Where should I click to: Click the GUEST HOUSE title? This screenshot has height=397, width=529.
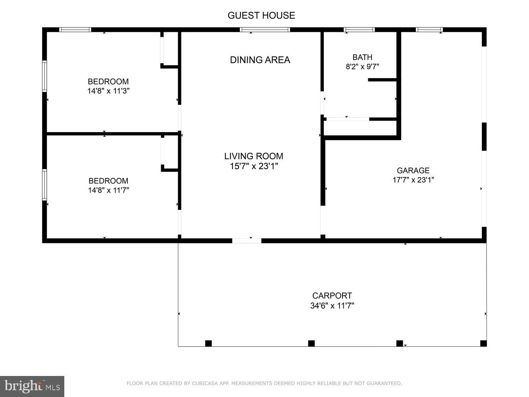click(261, 15)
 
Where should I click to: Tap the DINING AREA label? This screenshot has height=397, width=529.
click(260, 60)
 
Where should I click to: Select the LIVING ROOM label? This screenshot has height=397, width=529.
click(254, 156)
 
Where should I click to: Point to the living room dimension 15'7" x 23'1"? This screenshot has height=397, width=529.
click(254, 166)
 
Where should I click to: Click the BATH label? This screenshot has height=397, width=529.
click(362, 57)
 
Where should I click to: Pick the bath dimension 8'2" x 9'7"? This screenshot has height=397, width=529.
click(362, 67)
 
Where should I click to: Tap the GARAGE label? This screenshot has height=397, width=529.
click(413, 170)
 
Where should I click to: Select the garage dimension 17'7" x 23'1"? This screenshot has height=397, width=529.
click(413, 180)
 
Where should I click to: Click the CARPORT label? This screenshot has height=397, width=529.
click(332, 296)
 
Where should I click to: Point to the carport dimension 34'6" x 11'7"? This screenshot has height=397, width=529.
click(332, 306)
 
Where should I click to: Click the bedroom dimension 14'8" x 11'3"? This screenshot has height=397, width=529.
click(108, 91)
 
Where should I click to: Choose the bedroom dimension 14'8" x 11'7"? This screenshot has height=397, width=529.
click(108, 190)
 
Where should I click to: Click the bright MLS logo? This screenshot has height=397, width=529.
click(32, 386)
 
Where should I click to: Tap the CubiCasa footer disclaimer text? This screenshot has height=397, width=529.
click(264, 384)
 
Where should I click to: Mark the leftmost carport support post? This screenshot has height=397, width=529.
click(208, 343)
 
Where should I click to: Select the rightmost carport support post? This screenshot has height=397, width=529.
click(483, 343)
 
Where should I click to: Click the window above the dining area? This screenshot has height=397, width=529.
click(265, 30)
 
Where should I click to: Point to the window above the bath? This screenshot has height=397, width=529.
click(359, 30)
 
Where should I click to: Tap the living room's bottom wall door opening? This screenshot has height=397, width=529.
click(247, 241)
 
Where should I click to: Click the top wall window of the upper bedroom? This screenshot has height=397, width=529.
click(75, 30)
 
